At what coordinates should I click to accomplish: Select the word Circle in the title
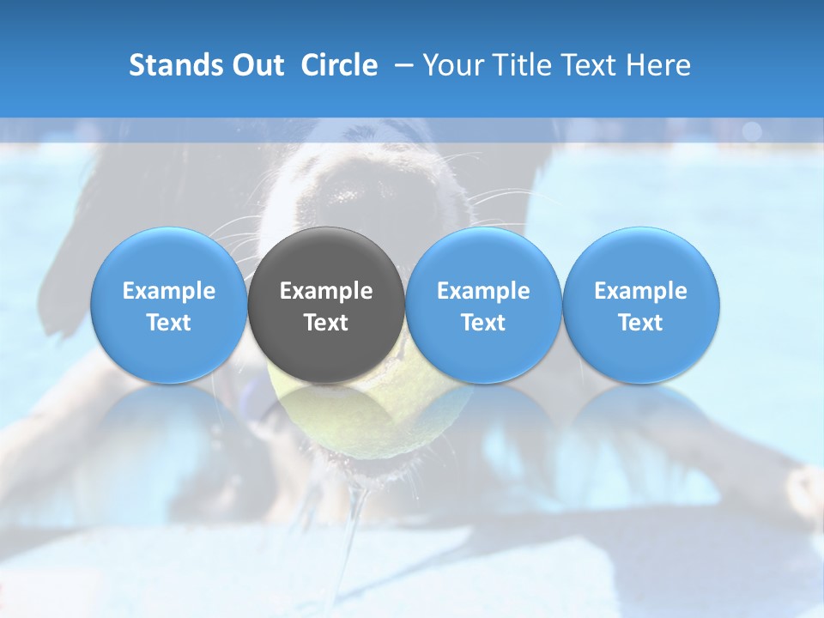tap(339, 65)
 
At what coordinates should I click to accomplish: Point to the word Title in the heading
tap(516, 65)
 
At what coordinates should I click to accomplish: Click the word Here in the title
tap(657, 65)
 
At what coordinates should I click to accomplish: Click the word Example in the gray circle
tap(326, 291)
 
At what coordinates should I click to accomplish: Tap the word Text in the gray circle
tap(326, 323)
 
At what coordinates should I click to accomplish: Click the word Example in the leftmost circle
tap(169, 291)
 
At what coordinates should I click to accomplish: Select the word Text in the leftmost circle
tap(169, 323)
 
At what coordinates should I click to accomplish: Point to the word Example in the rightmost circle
tap(641, 291)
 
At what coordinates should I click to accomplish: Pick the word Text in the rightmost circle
tap(641, 323)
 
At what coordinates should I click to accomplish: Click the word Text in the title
tap(585, 65)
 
